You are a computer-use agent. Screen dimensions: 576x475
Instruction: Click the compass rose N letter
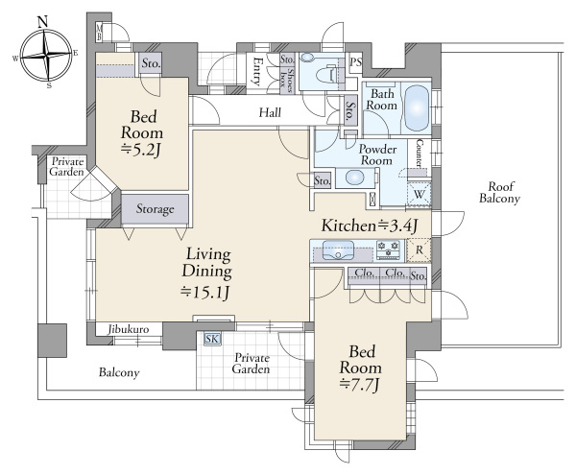[x=43, y=22]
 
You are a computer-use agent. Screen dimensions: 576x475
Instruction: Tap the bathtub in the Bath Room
[x=417, y=107]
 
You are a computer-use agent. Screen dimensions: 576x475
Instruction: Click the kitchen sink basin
[x=338, y=250]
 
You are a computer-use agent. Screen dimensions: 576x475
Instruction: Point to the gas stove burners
[x=389, y=250]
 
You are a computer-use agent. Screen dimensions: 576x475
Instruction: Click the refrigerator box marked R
[x=420, y=250]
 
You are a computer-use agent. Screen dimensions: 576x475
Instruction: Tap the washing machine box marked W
[x=420, y=194]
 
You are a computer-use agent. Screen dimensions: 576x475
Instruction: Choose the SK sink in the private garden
[x=211, y=339]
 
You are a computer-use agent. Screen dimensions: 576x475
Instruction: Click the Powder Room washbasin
[x=354, y=178]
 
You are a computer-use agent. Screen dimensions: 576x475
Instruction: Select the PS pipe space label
[x=355, y=62]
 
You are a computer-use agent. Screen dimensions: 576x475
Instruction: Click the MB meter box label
[x=99, y=32]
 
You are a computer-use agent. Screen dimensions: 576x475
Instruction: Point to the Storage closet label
[x=155, y=209]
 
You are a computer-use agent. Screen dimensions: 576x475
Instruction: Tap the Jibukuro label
[x=129, y=329]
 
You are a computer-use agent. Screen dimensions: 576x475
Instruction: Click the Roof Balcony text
[x=499, y=192]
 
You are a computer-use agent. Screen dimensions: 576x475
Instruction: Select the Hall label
[x=270, y=112]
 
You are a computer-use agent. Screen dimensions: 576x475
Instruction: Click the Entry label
[x=256, y=71]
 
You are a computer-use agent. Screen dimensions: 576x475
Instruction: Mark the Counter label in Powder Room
[x=419, y=153]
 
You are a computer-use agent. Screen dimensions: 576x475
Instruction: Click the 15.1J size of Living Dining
[x=205, y=292]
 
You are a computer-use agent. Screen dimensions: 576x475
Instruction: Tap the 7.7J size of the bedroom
[x=359, y=385]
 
